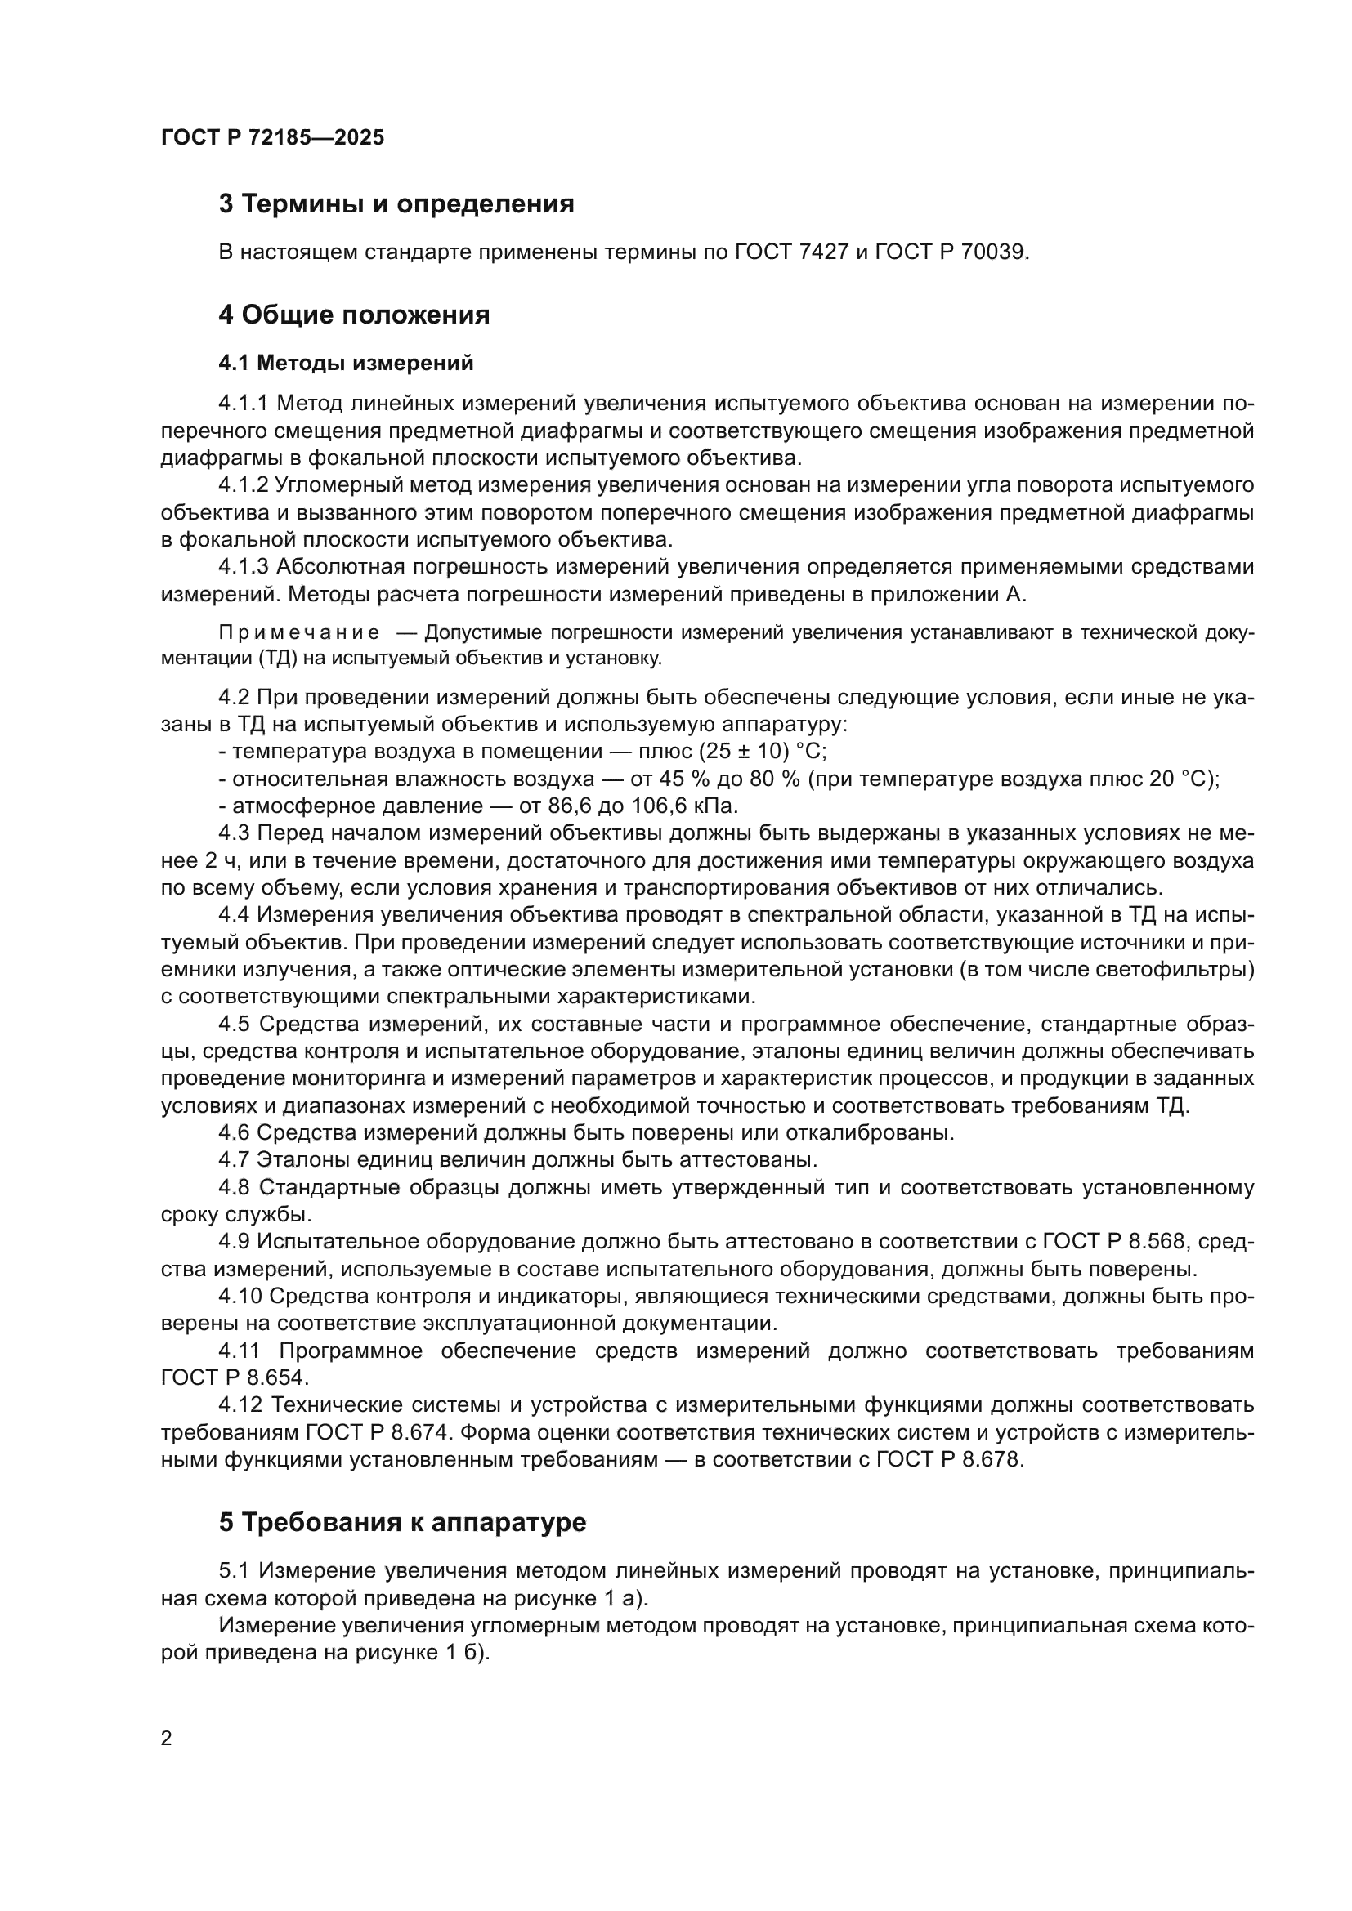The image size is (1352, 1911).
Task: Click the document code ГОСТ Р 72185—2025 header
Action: (x=272, y=137)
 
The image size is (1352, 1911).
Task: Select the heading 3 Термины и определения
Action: (x=396, y=204)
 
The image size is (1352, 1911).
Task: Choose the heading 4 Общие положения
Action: (x=354, y=315)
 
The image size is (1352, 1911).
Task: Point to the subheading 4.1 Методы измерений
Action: (x=346, y=363)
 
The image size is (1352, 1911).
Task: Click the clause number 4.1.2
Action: (x=243, y=485)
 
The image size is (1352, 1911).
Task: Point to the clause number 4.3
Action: (x=234, y=833)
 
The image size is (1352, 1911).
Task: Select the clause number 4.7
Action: (x=234, y=1159)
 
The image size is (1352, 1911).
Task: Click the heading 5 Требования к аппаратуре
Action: (x=402, y=1522)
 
